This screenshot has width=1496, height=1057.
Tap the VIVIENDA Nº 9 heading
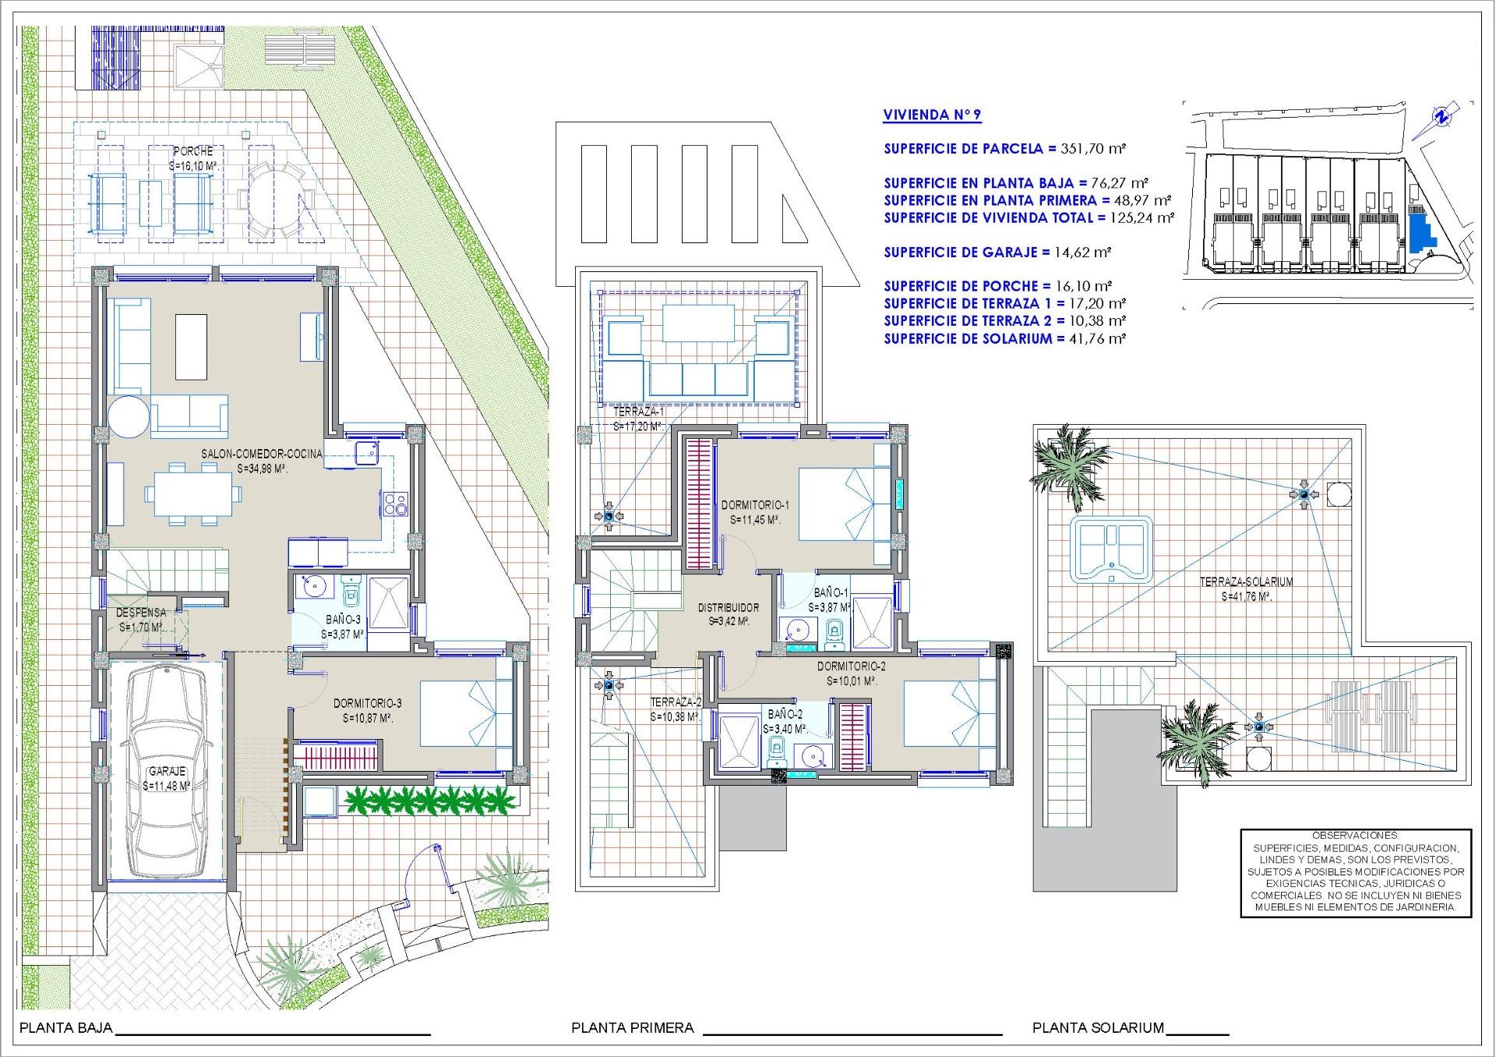click(932, 115)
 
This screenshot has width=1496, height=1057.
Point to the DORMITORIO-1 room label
click(755, 504)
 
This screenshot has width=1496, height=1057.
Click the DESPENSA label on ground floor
click(141, 613)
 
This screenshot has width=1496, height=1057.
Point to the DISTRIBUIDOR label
click(728, 607)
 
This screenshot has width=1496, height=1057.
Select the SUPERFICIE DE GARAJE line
click(997, 252)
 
